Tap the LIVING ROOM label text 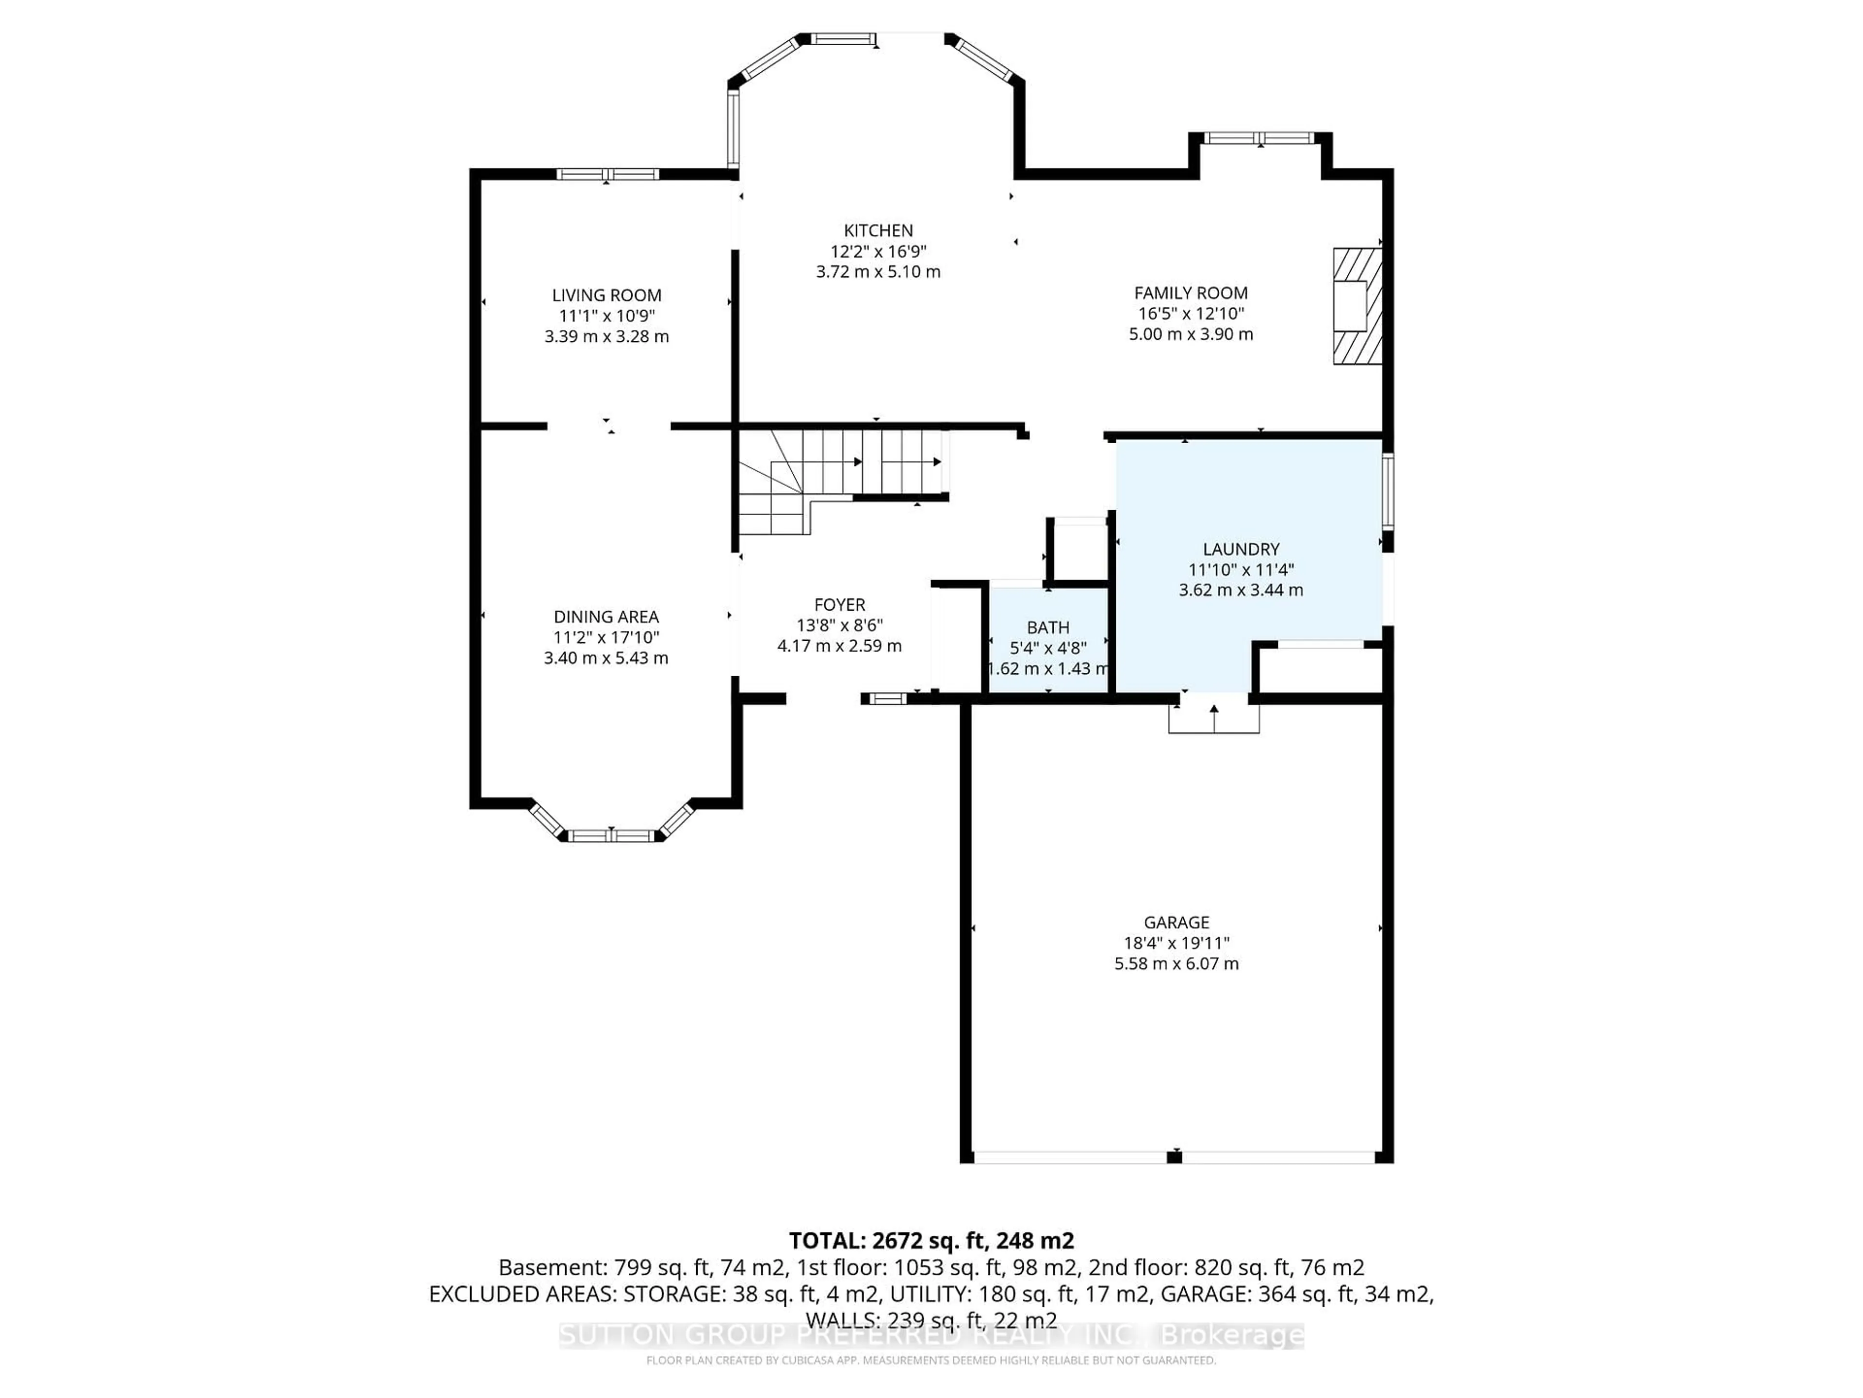pos(606,295)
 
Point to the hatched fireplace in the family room pos(1357,306)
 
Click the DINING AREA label pos(605,617)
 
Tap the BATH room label pos(1048,627)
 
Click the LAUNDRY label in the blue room pos(1241,549)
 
